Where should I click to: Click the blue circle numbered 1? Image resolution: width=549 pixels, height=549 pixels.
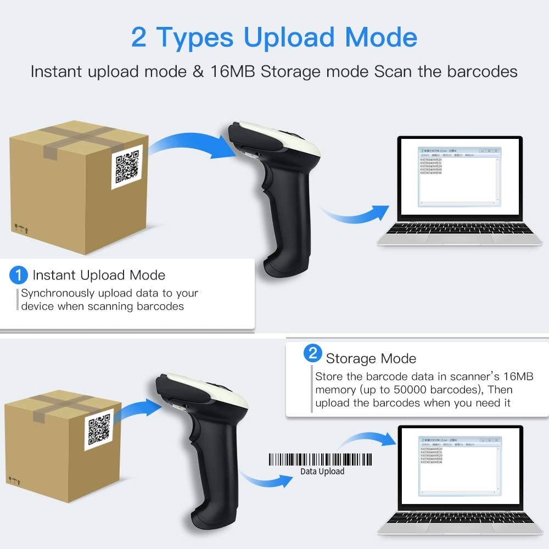[x=19, y=274]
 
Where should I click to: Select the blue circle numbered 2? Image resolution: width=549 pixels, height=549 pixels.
[x=312, y=354]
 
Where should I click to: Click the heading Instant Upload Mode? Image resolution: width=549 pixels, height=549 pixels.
[x=99, y=275]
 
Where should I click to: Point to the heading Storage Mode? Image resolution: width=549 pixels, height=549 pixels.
[x=371, y=359]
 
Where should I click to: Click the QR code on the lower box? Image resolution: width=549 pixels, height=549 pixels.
[x=99, y=430]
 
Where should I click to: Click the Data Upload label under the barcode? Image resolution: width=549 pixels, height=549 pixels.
[x=322, y=471]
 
